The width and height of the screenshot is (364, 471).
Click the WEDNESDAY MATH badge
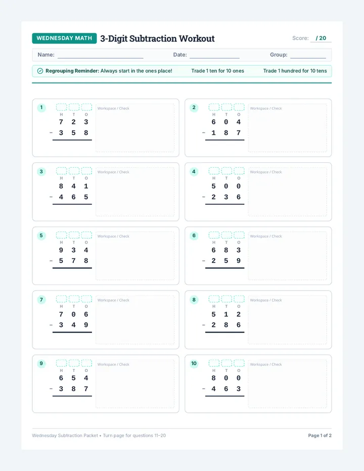(x=64, y=38)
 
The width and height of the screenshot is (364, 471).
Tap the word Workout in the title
(x=197, y=38)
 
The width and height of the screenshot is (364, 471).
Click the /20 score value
(x=321, y=38)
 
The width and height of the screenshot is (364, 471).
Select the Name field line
(x=101, y=58)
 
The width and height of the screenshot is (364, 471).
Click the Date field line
(x=215, y=58)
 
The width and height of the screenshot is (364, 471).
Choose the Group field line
(x=308, y=58)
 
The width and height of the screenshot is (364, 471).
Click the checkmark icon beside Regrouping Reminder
(x=40, y=71)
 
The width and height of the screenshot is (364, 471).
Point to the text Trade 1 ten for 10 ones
(x=217, y=71)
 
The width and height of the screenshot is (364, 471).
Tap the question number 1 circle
(x=41, y=108)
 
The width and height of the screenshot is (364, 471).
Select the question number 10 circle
(x=194, y=363)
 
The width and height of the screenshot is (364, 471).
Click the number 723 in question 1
(x=73, y=122)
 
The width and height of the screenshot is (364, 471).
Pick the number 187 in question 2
(x=226, y=133)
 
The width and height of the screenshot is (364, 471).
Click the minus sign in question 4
(x=204, y=197)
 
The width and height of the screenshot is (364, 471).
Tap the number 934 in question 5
(x=73, y=250)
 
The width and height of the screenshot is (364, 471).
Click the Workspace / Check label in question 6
(x=266, y=237)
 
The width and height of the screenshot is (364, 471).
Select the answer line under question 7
(x=72, y=332)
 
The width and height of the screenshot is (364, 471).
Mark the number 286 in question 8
(x=226, y=325)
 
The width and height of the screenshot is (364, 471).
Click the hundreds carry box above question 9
(x=61, y=363)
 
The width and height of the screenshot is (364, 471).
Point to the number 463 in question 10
(x=226, y=389)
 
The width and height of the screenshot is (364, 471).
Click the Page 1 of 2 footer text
(x=320, y=436)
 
